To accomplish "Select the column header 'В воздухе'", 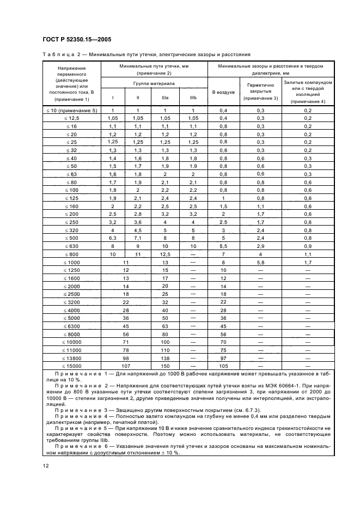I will [223, 92].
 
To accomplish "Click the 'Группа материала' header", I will [154, 84].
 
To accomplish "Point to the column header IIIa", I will [165, 99].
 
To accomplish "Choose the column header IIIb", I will [193, 99].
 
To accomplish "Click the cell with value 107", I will [126, 366].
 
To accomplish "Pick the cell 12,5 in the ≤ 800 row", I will [165, 254].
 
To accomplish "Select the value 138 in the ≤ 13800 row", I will [165, 358].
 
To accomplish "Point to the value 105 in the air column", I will [223, 366].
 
